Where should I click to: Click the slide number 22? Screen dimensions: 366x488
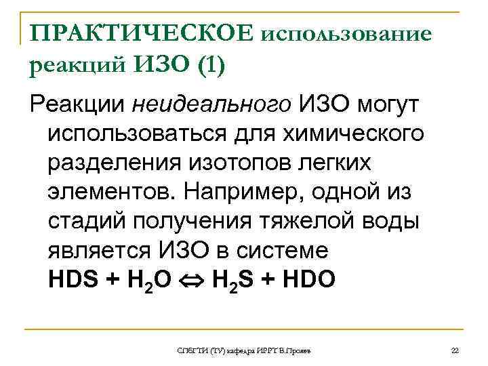coord(455,349)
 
